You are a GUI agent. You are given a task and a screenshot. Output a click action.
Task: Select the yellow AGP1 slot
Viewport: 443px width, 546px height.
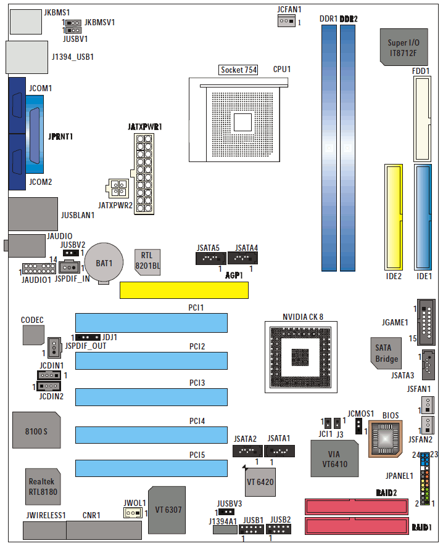click(184, 290)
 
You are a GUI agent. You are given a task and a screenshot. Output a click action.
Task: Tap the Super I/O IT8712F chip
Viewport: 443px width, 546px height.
click(404, 47)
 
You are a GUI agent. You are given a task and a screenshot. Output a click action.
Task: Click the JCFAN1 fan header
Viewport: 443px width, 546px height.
click(286, 21)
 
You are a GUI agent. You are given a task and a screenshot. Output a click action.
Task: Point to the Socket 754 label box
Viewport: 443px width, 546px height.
click(239, 70)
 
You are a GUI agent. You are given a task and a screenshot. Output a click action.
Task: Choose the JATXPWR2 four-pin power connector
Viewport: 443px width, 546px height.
click(117, 189)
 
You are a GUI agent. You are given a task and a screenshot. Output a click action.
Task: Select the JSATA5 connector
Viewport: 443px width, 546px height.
click(211, 258)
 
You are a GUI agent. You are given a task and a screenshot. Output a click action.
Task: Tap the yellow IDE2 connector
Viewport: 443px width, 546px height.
click(394, 218)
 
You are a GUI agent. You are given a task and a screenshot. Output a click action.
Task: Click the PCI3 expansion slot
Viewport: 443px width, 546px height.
click(151, 397)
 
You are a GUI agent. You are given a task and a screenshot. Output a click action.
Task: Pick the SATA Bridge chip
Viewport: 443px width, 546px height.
click(386, 353)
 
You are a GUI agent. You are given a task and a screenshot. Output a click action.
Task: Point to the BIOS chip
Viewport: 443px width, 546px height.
click(386, 438)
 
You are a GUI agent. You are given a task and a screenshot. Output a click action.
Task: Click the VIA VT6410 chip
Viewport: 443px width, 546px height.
click(334, 458)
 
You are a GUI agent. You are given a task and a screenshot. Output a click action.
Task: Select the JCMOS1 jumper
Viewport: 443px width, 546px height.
click(358, 426)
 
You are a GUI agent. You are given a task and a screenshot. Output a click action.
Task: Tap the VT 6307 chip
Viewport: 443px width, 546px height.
click(167, 510)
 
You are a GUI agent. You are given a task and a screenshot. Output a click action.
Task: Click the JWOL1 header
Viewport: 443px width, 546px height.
click(133, 513)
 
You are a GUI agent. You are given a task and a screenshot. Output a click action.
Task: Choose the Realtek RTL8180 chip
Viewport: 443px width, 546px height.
click(43, 486)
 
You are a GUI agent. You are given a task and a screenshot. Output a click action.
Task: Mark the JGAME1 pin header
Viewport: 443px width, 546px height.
click(426, 322)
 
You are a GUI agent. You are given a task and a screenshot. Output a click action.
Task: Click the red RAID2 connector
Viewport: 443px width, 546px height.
click(357, 507)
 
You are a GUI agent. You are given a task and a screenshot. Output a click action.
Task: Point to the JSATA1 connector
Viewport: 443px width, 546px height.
click(279, 451)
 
